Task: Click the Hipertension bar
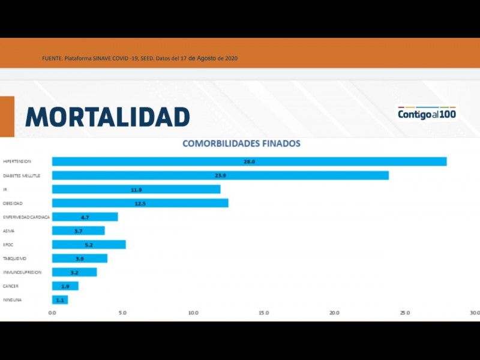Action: point(249,161)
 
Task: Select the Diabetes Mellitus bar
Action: point(220,175)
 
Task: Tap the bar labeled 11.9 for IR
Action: point(136,190)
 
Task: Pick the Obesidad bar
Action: point(140,203)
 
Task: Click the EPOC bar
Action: point(89,245)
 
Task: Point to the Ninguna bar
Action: point(60,299)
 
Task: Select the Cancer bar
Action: point(65,286)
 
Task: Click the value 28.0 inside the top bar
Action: point(249,162)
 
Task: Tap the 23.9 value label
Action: point(220,176)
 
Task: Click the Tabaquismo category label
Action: point(15,259)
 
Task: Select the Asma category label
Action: point(9,231)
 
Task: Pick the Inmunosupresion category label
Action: point(22,272)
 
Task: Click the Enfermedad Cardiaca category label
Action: point(26,217)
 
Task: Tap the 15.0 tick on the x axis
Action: point(263,313)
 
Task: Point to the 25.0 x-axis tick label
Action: point(404,313)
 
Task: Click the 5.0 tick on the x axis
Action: point(122,313)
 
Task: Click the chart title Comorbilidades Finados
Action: point(241,144)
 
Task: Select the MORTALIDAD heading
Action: point(107,117)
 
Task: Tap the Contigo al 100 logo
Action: point(427,113)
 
